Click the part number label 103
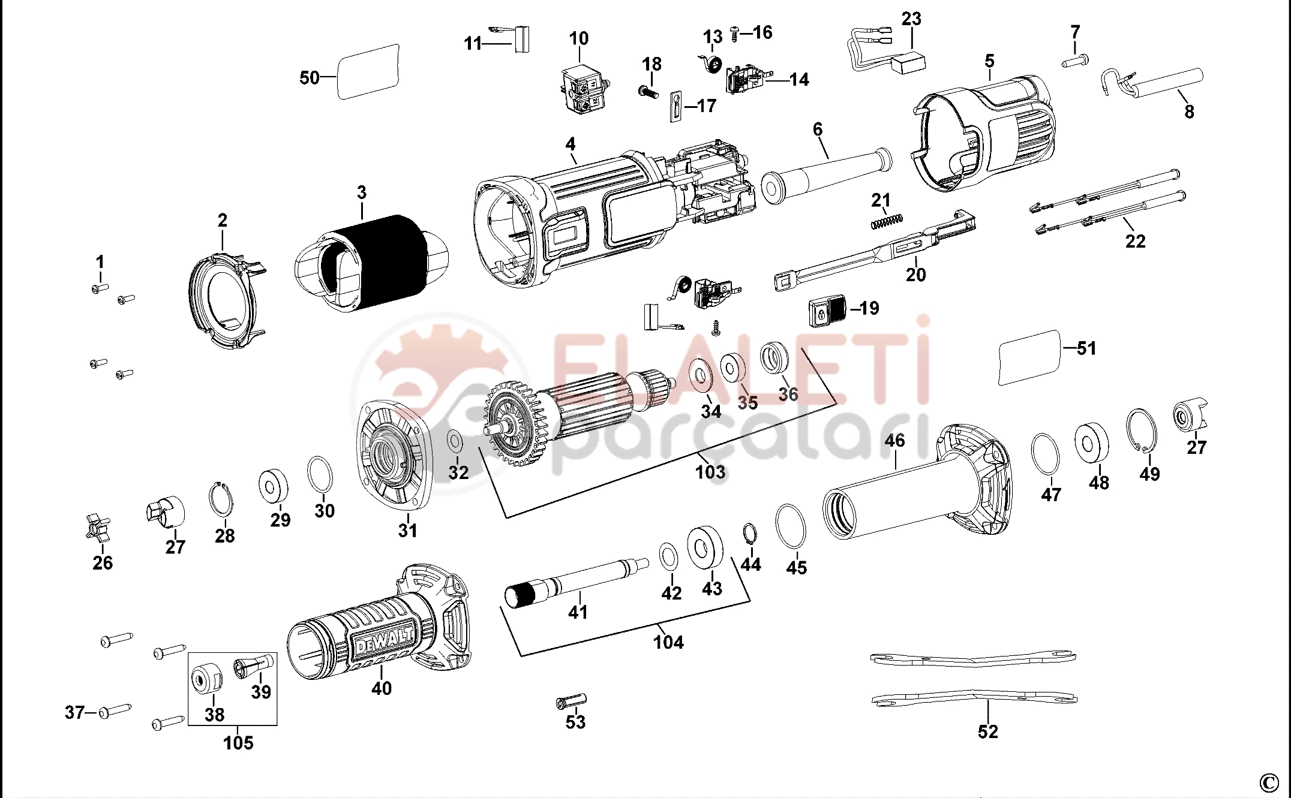(710, 472)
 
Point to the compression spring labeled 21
(887, 222)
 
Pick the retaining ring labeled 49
(1141, 430)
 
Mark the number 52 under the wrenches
(987, 731)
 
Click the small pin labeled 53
(571, 701)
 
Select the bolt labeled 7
(1075, 61)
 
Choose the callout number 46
(894, 441)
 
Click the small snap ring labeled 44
(750, 532)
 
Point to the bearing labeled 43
(705, 547)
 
